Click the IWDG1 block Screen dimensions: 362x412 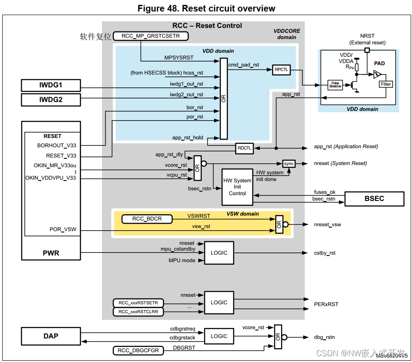[51, 86]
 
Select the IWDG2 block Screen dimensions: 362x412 [51, 100]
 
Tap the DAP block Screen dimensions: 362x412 [51, 336]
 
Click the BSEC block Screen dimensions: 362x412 [374, 198]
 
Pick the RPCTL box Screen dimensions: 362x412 [281, 70]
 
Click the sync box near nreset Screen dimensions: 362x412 [289, 164]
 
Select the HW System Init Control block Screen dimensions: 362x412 [237, 187]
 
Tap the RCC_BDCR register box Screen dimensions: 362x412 [147, 219]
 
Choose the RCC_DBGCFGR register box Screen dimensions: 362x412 [138, 350]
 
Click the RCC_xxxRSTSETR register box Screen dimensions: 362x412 [138, 303]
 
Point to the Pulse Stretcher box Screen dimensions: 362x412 [335, 84]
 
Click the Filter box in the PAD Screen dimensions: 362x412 [386, 84]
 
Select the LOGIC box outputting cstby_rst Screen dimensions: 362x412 [219, 253]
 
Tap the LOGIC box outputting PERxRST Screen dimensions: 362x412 [219, 303]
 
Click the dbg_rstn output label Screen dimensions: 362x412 [324, 337]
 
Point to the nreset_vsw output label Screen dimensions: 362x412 [327, 224]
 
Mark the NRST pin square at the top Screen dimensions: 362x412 [367, 50]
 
